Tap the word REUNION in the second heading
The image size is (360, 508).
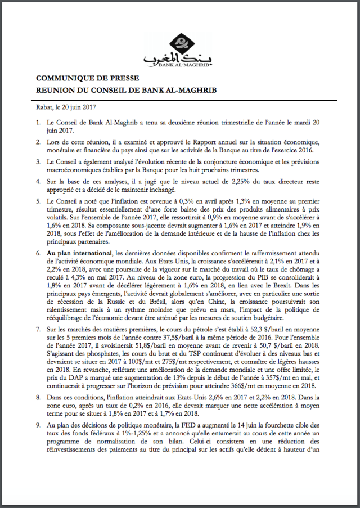tap(53, 90)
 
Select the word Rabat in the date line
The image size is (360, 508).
tap(44, 107)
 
